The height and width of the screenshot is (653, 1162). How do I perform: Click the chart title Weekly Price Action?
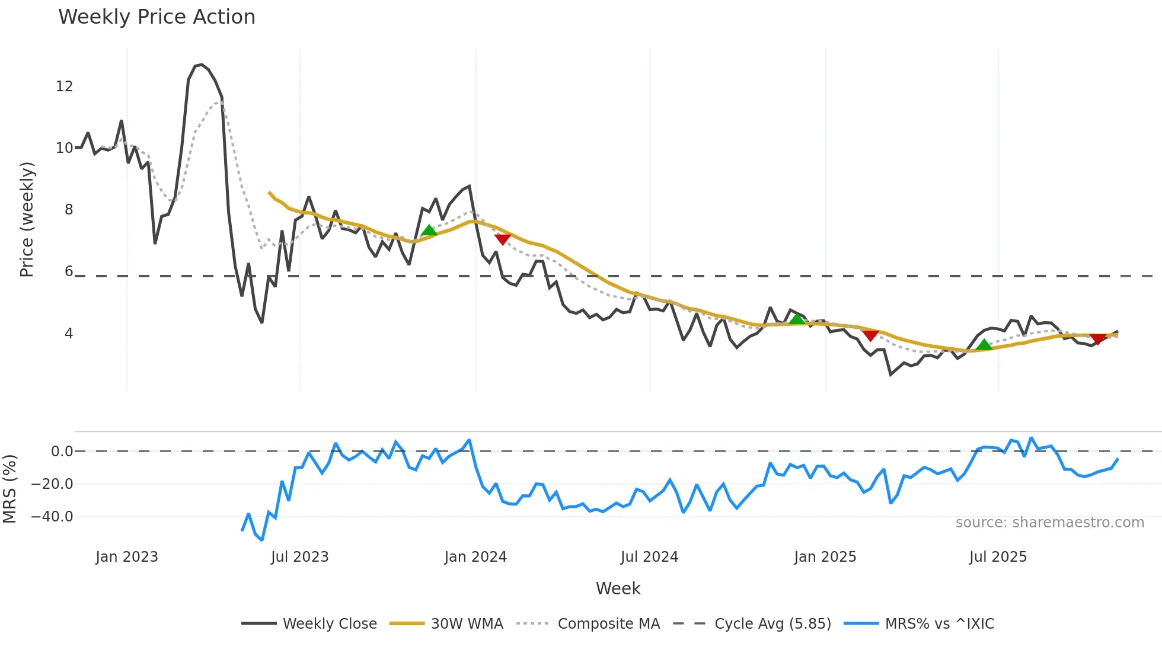pyautogui.click(x=157, y=17)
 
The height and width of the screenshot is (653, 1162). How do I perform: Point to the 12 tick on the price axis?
pyautogui.click(x=65, y=87)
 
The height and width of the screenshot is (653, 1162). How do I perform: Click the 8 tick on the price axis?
pyautogui.click(x=69, y=210)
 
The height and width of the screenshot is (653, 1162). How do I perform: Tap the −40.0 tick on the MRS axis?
pyautogui.click(x=52, y=517)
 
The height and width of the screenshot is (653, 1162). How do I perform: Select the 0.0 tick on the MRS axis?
pyautogui.click(x=62, y=452)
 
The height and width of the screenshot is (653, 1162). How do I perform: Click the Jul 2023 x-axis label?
pyautogui.click(x=299, y=557)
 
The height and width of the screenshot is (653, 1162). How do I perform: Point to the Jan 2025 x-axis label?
pyautogui.click(x=825, y=557)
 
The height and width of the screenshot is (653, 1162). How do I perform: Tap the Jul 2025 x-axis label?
pyautogui.click(x=998, y=557)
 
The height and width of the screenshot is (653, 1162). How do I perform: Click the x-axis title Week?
pyautogui.click(x=618, y=588)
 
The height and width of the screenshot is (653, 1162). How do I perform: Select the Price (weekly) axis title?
pyautogui.click(x=27, y=219)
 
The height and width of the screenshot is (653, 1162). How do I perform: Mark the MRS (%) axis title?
pyautogui.click(x=9, y=489)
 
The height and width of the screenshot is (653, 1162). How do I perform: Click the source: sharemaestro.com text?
pyautogui.click(x=1049, y=523)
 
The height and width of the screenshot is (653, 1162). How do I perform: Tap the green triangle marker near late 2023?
pyautogui.click(x=429, y=231)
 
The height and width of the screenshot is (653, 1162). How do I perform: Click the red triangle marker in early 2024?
pyautogui.click(x=502, y=239)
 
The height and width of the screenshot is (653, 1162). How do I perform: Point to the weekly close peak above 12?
pyautogui.click(x=202, y=65)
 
